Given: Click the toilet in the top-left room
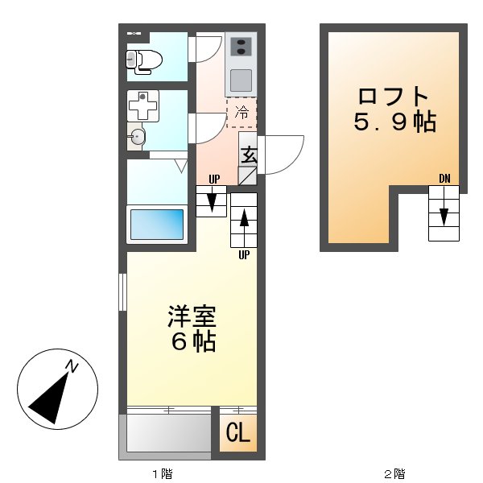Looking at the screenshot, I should (145, 58).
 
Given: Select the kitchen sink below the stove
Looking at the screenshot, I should (241, 80).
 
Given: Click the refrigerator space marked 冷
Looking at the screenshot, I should (242, 114).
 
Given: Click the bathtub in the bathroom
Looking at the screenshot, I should (157, 223).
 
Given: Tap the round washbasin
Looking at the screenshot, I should (138, 138).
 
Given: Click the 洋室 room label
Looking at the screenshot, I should (192, 315).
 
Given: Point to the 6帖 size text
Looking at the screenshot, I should (192, 342).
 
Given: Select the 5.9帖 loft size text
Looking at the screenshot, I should (394, 123).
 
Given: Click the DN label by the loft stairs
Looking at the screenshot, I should (444, 178).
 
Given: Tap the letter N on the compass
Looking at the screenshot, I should (72, 368).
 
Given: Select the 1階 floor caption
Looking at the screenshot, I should (162, 474).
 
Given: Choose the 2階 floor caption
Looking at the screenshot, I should (394, 474).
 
